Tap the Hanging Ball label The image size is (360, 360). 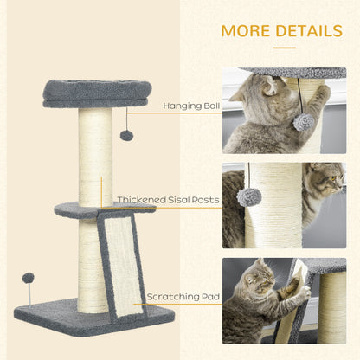[x=190, y=106]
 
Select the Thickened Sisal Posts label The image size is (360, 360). [x=168, y=199]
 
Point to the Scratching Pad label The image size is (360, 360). [x=183, y=297]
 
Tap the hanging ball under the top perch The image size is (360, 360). [x=126, y=135]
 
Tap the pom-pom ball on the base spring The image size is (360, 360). [x=29, y=279]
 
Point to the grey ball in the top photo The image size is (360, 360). [x=303, y=122]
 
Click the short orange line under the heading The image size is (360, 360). [x=284, y=48]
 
